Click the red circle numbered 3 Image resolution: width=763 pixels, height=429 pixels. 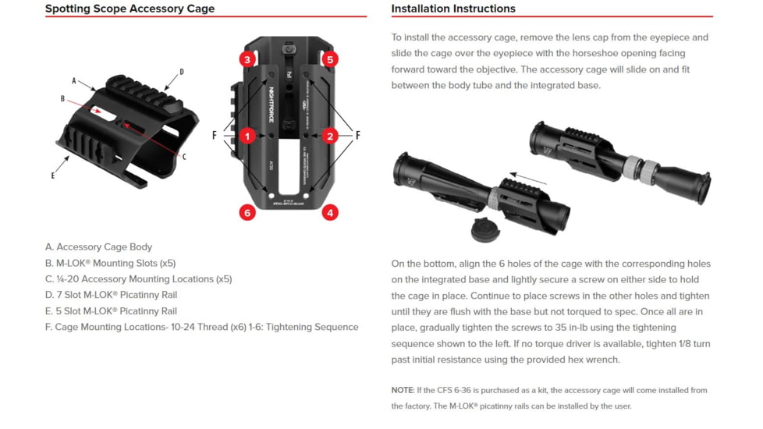click(247, 59)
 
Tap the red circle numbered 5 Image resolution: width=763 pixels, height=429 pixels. click(330, 59)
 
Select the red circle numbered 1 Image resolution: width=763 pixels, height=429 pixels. click(247, 136)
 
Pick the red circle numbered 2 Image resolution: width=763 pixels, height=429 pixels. click(330, 136)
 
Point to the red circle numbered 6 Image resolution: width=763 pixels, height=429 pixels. click(247, 212)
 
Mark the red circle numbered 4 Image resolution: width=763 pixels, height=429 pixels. click(330, 212)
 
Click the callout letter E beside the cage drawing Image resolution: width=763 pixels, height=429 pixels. click(53, 175)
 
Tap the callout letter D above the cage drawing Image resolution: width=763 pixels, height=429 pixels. click(182, 72)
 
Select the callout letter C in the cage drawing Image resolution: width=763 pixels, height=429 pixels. click(183, 157)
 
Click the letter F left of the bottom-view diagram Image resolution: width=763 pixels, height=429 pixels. click(215, 136)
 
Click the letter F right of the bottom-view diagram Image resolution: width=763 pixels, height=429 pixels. click(358, 136)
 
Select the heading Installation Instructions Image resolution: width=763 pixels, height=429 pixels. click(453, 9)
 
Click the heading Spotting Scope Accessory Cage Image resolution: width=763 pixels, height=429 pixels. click(130, 9)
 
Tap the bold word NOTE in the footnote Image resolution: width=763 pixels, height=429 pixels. click(403, 390)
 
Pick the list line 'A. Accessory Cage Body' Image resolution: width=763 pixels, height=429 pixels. click(98, 247)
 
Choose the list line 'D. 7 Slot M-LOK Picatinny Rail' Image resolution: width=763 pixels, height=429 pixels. click(111, 295)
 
